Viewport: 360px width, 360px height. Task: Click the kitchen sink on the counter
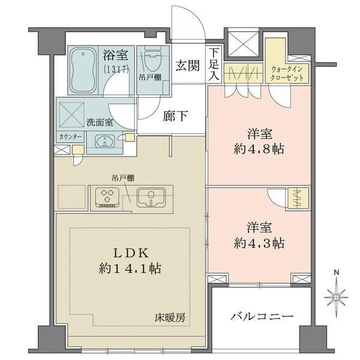[150, 197]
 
